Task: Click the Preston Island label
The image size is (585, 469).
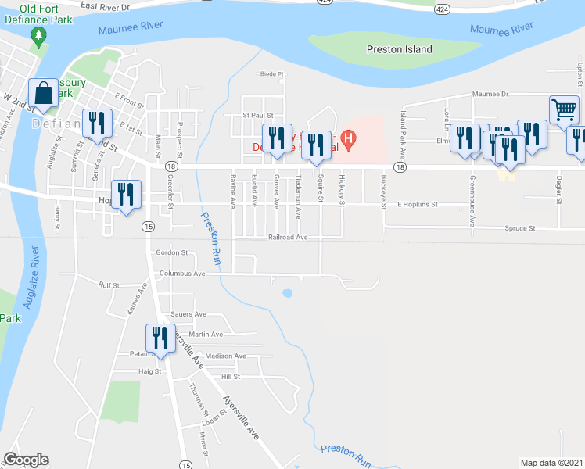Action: point(399,49)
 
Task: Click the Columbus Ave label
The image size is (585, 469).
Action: point(182,274)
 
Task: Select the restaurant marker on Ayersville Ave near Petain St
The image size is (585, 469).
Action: point(160,338)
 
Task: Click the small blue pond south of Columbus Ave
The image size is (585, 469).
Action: point(287,294)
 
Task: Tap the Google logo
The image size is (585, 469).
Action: point(26,460)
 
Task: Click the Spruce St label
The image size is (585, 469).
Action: point(519,229)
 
